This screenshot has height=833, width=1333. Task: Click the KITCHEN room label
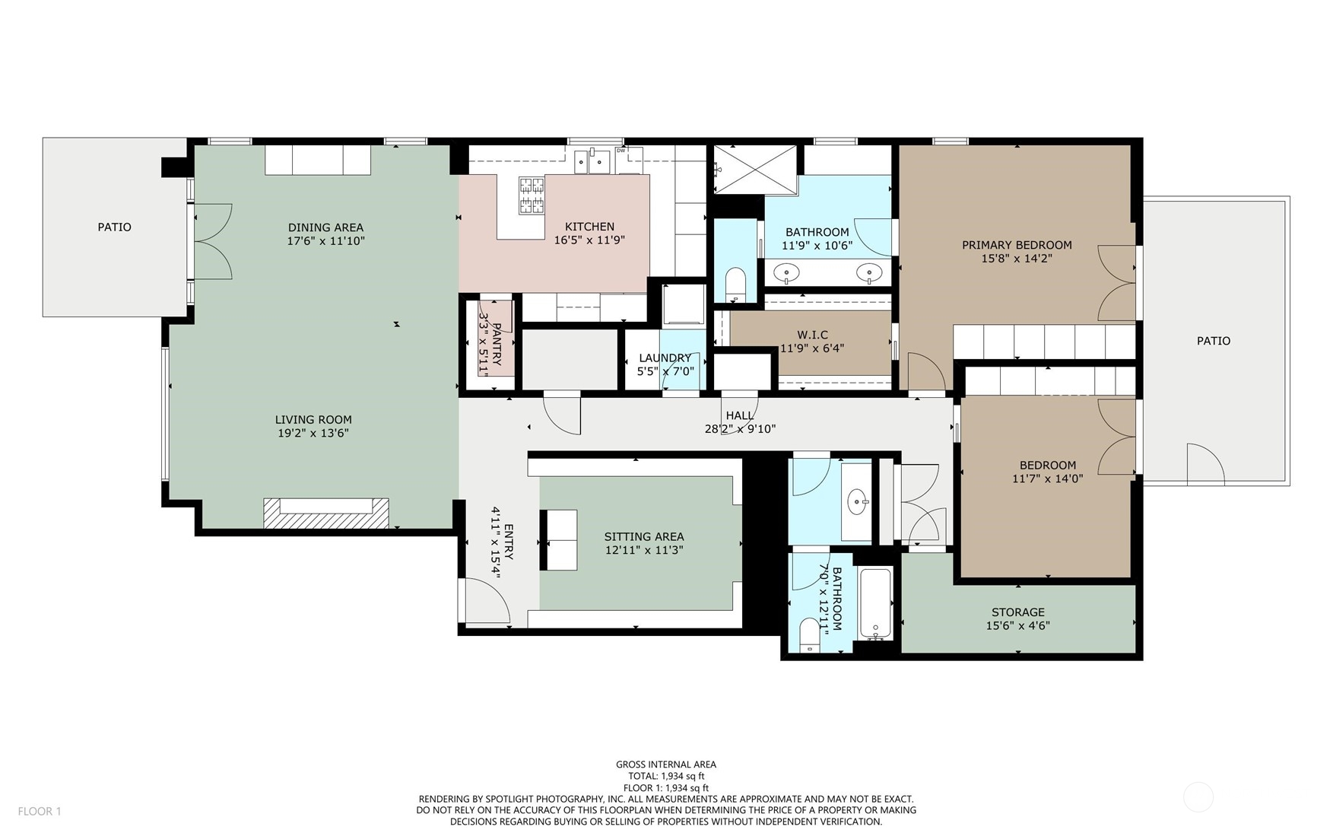tap(589, 227)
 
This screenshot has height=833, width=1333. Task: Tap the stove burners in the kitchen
tap(532, 195)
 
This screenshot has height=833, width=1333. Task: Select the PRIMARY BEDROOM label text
tap(1017, 245)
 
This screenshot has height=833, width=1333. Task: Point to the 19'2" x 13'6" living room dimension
tap(313, 433)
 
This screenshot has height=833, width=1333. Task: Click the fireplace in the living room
tap(326, 513)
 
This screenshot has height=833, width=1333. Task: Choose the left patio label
tap(114, 227)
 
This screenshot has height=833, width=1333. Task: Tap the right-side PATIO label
tap(1213, 341)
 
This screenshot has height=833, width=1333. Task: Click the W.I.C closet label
tap(812, 335)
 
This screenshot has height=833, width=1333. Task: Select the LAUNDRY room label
tap(665, 358)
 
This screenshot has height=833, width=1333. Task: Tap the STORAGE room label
tap(1017, 612)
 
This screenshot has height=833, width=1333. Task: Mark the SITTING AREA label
tap(643, 536)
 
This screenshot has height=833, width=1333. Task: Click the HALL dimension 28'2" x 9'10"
tap(740, 429)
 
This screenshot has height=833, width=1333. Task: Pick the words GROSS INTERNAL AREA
tap(665, 765)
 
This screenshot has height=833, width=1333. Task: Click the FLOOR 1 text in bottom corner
tap(40, 811)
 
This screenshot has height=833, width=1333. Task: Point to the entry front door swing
tap(487, 601)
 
